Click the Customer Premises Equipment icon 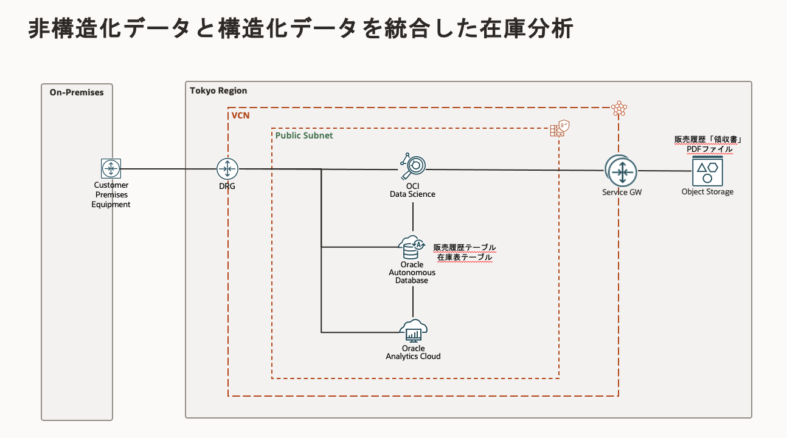(111, 168)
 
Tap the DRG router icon (227, 169)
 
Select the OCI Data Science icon (413, 165)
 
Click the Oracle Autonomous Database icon (412, 246)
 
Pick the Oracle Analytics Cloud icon (413, 332)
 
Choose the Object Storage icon (707, 171)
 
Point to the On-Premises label (77, 92)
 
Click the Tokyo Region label (218, 91)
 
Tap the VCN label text (240, 115)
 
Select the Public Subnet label (304, 135)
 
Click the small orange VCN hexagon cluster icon (619, 109)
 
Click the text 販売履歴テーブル (464, 248)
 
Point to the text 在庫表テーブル (464, 258)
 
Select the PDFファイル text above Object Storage (709, 149)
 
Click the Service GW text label (622, 192)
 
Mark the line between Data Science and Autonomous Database (413, 217)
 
